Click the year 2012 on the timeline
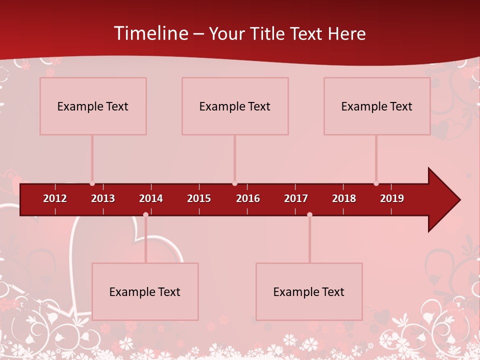pyautogui.click(x=55, y=198)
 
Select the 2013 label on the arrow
pyautogui.click(x=103, y=198)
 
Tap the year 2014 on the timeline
pyautogui.click(x=151, y=198)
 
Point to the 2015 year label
pyautogui.click(x=199, y=198)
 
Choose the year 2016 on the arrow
pyautogui.click(x=248, y=198)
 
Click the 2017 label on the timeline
pyautogui.click(x=296, y=198)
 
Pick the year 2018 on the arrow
pyautogui.click(x=344, y=198)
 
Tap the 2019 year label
pyautogui.click(x=392, y=198)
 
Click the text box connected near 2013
pyautogui.click(x=93, y=106)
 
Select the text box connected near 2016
pyautogui.click(x=235, y=106)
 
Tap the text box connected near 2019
pyautogui.click(x=377, y=106)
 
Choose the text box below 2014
pyautogui.click(x=145, y=291)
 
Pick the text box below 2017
pyautogui.click(x=309, y=291)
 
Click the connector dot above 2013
pyautogui.click(x=92, y=183)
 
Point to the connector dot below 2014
pyautogui.click(x=145, y=214)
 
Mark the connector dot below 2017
pyautogui.click(x=309, y=214)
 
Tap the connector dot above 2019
pyautogui.click(x=376, y=183)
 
